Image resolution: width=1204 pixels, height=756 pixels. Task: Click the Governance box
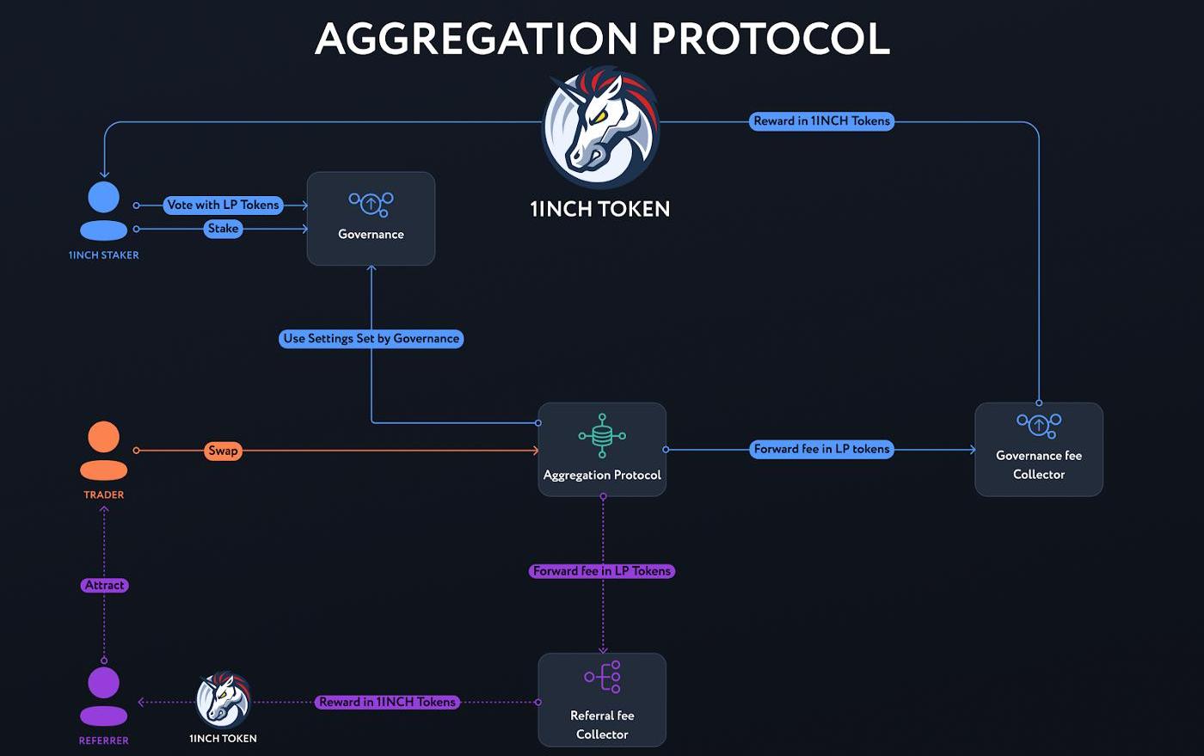[x=371, y=218]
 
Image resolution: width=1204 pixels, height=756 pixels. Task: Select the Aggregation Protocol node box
[x=602, y=449]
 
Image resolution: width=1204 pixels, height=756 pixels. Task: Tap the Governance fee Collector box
[x=1038, y=449]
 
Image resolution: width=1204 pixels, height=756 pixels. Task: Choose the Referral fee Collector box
[x=602, y=699]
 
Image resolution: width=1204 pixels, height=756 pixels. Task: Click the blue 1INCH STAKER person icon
[x=104, y=211]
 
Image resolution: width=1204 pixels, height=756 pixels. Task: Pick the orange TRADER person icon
[x=104, y=450]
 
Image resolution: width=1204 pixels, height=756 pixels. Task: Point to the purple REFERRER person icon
[x=104, y=696]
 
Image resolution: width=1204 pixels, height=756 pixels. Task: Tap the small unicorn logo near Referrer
[x=223, y=699]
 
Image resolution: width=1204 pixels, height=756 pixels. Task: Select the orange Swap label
[x=223, y=451]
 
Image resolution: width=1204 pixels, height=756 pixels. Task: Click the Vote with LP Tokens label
[x=223, y=205]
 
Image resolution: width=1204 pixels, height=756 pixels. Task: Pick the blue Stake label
[x=223, y=229]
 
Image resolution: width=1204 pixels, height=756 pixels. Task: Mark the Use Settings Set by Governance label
[x=371, y=339]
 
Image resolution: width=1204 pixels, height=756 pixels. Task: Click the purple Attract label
[x=105, y=585]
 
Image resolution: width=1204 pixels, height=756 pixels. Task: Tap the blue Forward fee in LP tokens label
[x=821, y=449]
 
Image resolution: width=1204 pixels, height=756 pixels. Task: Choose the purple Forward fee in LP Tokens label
[x=602, y=571]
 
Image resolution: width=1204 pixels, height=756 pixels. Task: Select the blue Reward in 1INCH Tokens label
[x=821, y=121]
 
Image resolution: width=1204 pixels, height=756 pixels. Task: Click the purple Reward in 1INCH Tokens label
[x=387, y=702]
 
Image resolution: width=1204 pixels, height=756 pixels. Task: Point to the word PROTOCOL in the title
[x=770, y=39]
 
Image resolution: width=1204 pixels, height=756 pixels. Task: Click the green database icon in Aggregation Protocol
[x=602, y=435]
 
